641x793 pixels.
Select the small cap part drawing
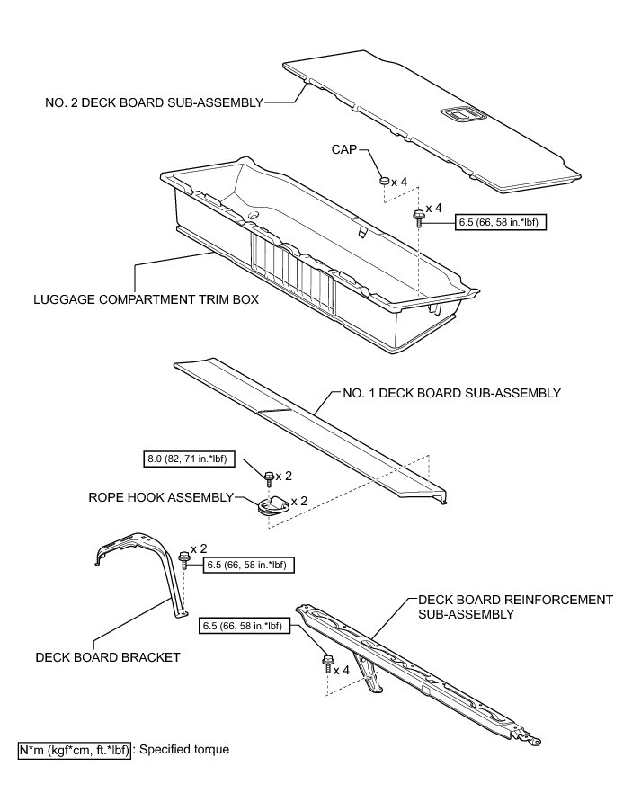coord(384,182)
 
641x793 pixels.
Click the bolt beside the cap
coord(418,216)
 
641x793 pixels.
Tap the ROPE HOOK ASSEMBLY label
coord(159,496)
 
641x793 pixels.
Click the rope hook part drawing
coord(272,505)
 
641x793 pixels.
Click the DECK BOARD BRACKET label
coord(108,657)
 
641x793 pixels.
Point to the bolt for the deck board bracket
coord(185,557)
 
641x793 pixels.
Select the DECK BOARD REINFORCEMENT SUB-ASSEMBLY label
coord(514,606)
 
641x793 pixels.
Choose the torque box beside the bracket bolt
coord(250,565)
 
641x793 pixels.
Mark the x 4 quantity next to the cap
coord(401,182)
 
